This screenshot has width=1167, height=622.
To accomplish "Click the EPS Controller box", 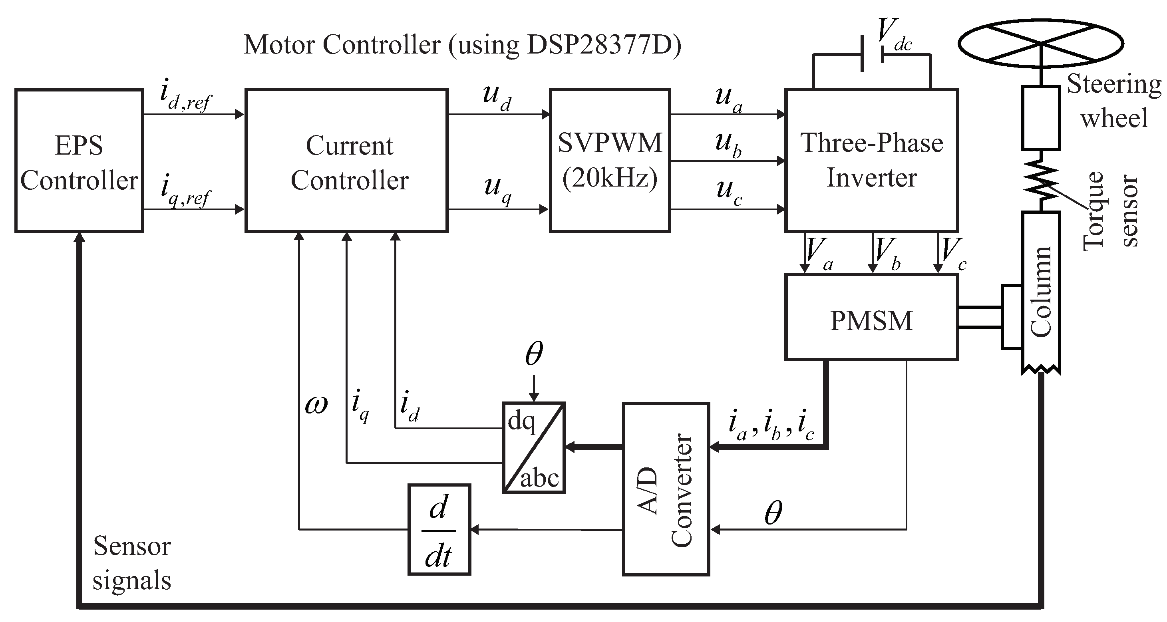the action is tap(79, 161).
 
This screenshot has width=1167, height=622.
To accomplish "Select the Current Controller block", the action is tap(346, 161).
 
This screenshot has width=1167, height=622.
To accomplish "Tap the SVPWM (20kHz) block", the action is tap(610, 161).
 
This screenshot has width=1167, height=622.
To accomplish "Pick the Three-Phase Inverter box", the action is tap(871, 161).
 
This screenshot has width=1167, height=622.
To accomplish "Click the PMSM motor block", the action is tap(871, 317).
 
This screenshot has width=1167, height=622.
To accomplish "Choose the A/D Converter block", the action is tap(666, 489).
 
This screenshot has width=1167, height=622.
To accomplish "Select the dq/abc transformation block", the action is tap(534, 447).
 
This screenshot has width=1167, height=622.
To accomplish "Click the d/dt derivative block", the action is tap(439, 530).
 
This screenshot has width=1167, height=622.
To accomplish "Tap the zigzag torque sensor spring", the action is tap(1041, 180).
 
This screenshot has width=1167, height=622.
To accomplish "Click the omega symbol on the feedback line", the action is tap(316, 404).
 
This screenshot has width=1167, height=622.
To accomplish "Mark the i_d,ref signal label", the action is tap(186, 95).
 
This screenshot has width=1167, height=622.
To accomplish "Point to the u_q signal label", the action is tap(497, 190).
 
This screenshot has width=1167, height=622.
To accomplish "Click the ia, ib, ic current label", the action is tap(771, 427).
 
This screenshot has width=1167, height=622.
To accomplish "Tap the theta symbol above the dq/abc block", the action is tap(534, 354).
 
